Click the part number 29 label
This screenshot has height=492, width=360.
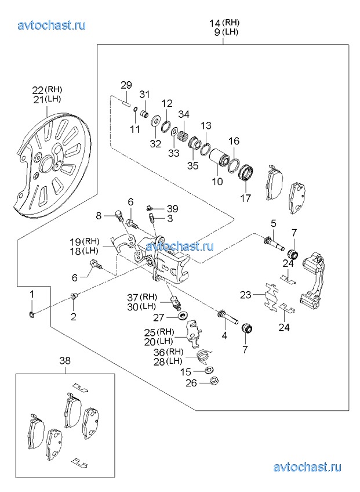126,85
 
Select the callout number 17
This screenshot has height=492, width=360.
246,198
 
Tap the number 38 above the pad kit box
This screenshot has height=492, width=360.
65,361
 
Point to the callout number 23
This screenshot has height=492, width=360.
246,295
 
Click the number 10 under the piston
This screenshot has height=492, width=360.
217,182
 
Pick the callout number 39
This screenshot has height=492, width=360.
173,209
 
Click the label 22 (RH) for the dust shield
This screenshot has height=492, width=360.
48,90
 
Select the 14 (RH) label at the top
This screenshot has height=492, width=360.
224,23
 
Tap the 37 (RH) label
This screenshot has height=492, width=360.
142,297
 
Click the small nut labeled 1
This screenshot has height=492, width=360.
31,314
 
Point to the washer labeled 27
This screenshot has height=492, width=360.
182,315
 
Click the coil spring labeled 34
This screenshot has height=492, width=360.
183,137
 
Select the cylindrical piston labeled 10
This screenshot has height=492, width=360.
218,158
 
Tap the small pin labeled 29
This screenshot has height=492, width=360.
126,103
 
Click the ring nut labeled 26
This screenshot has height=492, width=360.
214,381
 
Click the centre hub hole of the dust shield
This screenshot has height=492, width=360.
48,164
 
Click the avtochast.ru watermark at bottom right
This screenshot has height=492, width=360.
307,467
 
